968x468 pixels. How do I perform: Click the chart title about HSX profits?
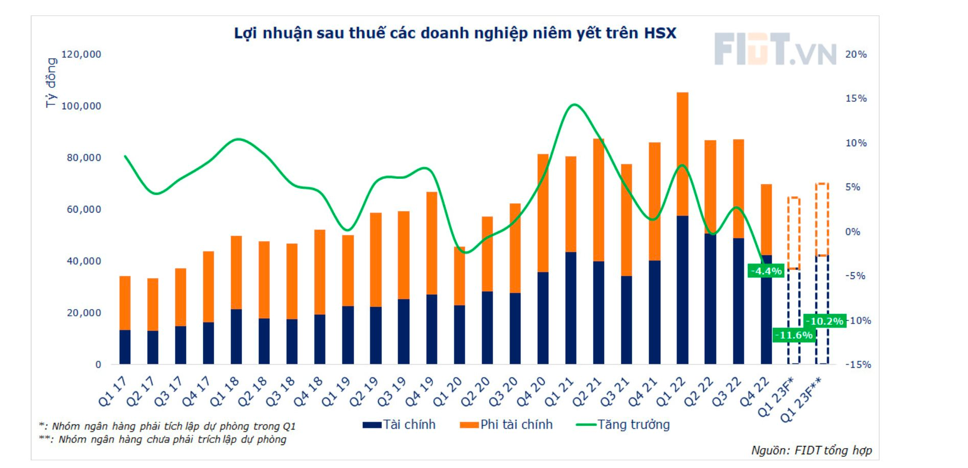tap(455, 33)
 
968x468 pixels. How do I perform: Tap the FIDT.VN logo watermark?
tap(775, 50)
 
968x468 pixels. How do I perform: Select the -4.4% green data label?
tap(766, 271)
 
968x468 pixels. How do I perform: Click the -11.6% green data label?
tap(794, 335)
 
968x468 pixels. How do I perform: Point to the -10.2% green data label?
tap(824, 321)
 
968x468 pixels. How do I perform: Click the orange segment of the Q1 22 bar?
tap(682, 153)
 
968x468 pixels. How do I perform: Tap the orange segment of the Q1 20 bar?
tap(459, 276)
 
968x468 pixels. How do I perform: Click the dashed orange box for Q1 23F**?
tap(822, 219)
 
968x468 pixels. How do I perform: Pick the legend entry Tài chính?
tap(399, 425)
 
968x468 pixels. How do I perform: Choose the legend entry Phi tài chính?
tap(506, 425)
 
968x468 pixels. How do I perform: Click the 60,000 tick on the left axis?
tap(84, 209)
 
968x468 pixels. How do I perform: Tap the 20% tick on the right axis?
tap(856, 54)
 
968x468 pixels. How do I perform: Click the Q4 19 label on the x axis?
tap(420, 392)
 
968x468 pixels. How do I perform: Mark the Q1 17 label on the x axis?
tap(112, 392)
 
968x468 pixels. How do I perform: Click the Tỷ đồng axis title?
tap(51, 82)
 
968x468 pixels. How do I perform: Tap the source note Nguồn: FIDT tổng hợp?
tap(811, 450)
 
